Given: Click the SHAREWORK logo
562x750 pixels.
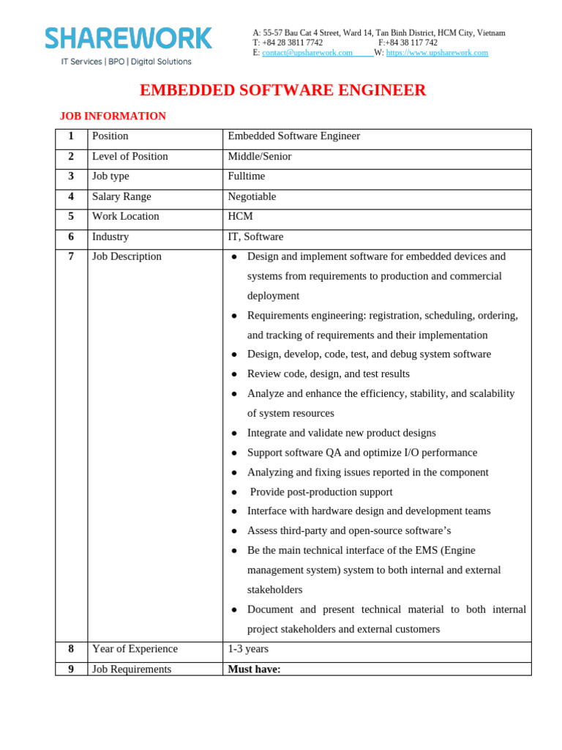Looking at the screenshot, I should [128, 38].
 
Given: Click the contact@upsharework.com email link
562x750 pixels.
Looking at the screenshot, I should [307, 53].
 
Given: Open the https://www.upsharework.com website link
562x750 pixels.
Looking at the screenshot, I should [437, 53].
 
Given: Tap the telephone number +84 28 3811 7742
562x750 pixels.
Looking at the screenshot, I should [292, 42].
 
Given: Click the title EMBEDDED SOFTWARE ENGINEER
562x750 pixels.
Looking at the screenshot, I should [282, 90].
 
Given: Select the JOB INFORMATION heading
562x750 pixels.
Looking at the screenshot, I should [113, 116].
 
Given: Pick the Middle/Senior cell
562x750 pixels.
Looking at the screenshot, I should [259, 156].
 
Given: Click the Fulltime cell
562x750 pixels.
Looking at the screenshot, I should [247, 176].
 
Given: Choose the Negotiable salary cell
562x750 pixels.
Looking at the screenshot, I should [252, 196].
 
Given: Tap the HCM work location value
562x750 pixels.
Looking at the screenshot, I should [241, 216].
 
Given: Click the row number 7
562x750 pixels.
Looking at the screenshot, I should [71, 256].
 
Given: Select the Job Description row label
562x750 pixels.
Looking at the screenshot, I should [127, 256].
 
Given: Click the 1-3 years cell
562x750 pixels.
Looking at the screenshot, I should [248, 648].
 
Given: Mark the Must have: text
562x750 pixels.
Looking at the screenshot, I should [254, 669].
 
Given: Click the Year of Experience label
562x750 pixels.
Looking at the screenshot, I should [135, 648].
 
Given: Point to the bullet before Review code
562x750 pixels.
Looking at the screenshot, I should [234, 374].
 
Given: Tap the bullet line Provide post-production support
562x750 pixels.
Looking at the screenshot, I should [321, 491].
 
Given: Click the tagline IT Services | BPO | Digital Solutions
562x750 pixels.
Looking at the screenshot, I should [126, 62].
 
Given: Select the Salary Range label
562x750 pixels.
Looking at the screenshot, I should [121, 196].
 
